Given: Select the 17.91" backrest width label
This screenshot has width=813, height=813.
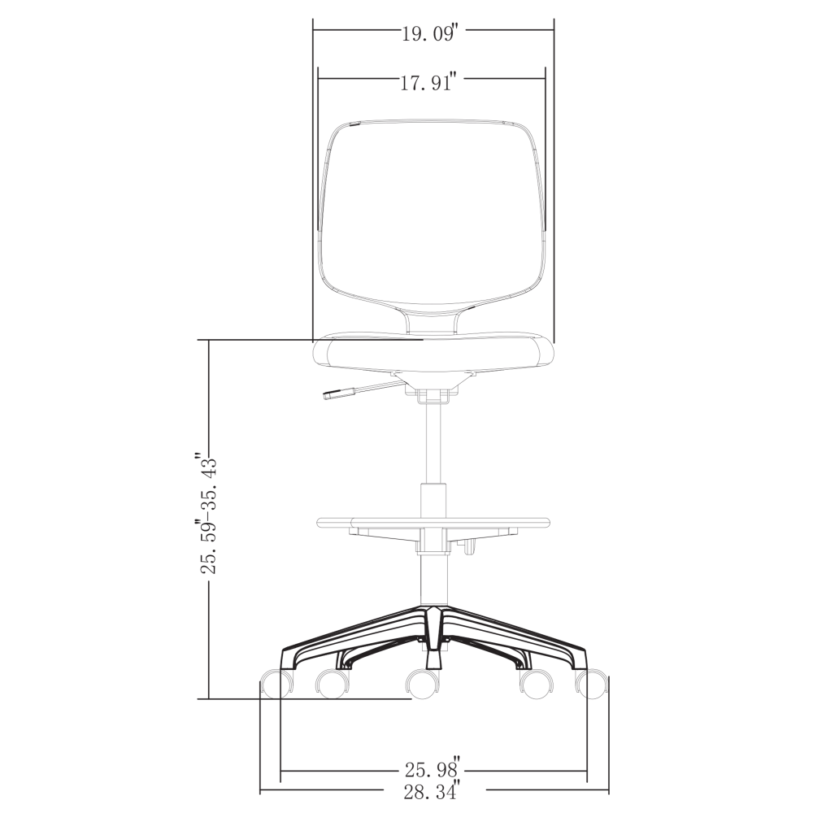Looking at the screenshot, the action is pos(428,82).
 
